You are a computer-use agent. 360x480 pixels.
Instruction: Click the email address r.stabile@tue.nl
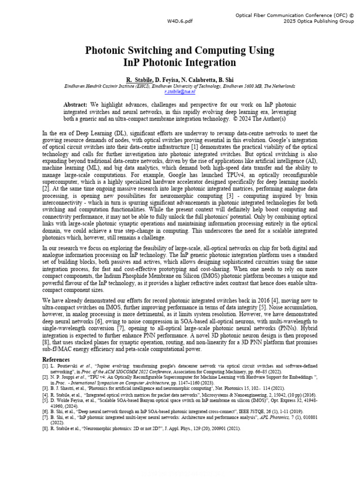[x=180, y=92]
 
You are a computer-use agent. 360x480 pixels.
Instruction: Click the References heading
[x=56, y=360]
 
